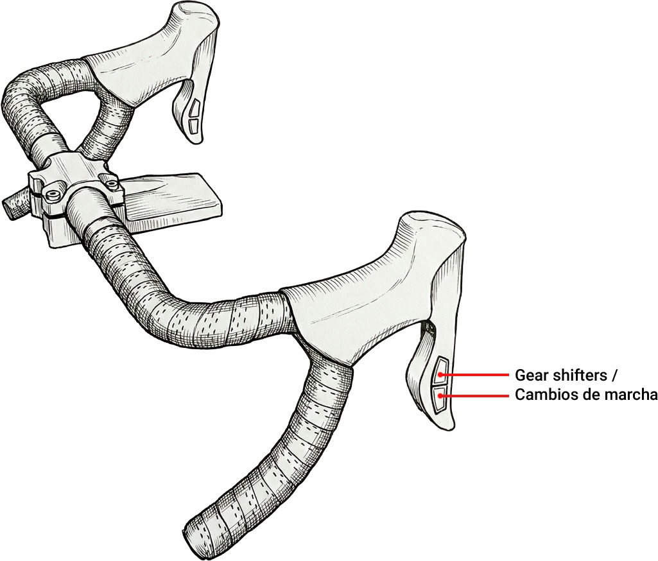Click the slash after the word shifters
(614, 375)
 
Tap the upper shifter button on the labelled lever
(440, 370)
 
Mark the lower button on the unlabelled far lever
(193, 125)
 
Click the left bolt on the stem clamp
(53, 194)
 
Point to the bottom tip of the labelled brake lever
(446, 428)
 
